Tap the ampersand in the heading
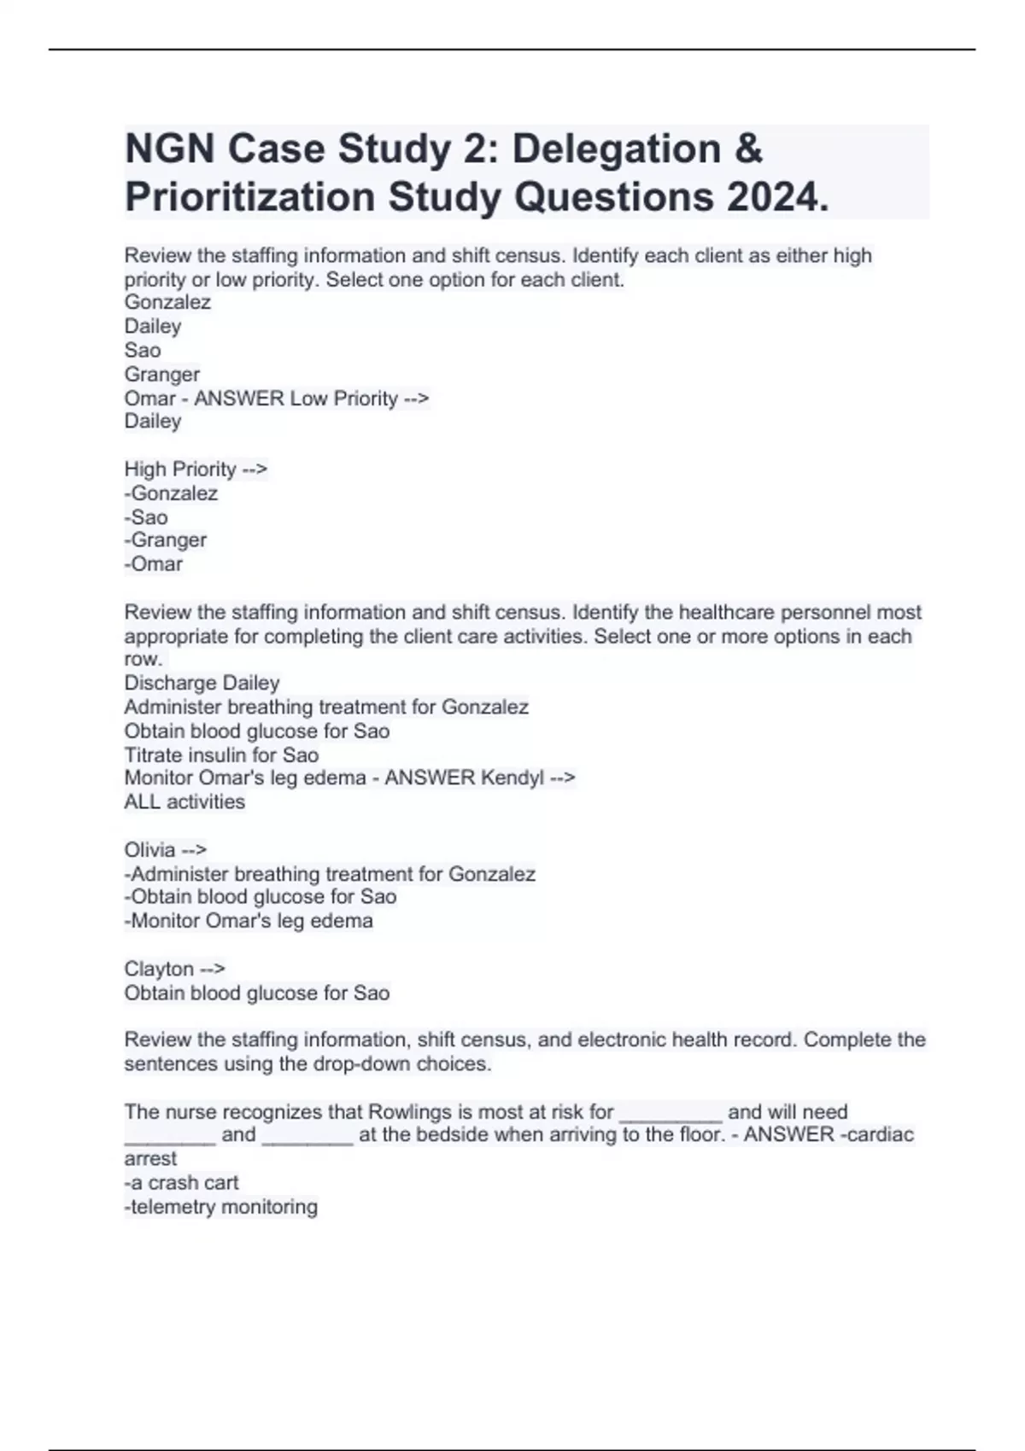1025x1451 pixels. pyautogui.click(x=747, y=149)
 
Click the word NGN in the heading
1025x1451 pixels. pyautogui.click(x=169, y=149)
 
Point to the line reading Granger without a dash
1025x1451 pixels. pyautogui.click(x=162, y=374)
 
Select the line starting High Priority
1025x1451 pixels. pyautogui.click(x=196, y=469)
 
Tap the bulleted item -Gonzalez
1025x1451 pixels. pyautogui.click(x=171, y=493)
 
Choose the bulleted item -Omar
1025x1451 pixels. pyautogui.click(x=154, y=564)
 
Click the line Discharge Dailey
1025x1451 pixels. pyautogui.click(x=202, y=683)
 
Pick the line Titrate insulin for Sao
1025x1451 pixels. pyautogui.click(x=221, y=755)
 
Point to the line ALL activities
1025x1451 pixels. pyautogui.click(x=184, y=801)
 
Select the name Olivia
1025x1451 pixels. pyautogui.click(x=149, y=850)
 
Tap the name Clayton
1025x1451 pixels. pyautogui.click(x=159, y=969)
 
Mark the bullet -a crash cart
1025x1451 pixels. pyautogui.click(x=182, y=1183)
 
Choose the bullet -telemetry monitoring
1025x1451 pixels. pyautogui.click(x=221, y=1207)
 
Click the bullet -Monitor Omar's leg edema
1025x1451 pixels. pyautogui.click(x=249, y=921)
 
